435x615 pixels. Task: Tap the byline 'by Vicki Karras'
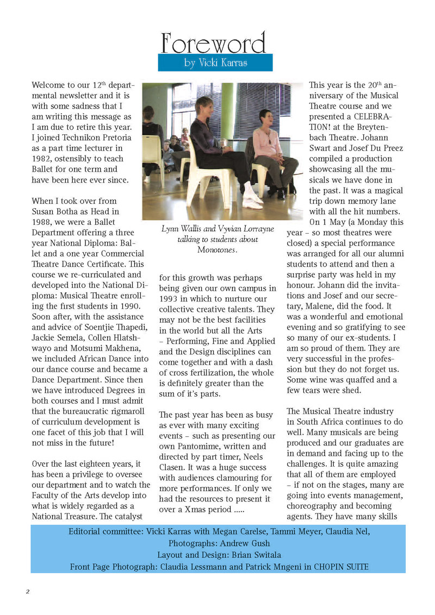click(x=215, y=63)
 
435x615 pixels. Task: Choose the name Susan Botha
click(x=55, y=211)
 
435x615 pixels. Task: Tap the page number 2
click(x=27, y=591)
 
